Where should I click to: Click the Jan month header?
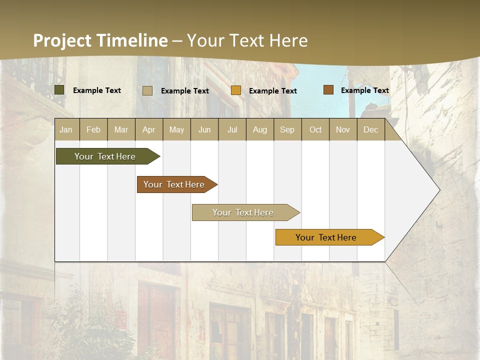[x=66, y=130]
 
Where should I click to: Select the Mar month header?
[x=121, y=130]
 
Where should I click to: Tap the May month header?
[x=176, y=130]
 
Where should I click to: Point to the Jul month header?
[x=232, y=130]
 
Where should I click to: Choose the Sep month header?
[x=287, y=130]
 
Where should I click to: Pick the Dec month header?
[x=370, y=130]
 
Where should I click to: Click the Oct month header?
[x=315, y=130]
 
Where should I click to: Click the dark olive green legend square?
[x=59, y=90]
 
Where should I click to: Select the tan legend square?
[x=147, y=90]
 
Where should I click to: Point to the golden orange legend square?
[x=236, y=90]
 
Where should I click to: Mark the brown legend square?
[x=328, y=90]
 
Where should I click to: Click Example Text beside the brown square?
[x=364, y=90]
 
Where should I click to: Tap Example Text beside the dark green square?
[x=97, y=90]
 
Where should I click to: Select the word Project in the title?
[x=62, y=40]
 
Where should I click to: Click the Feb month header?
[x=93, y=130]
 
